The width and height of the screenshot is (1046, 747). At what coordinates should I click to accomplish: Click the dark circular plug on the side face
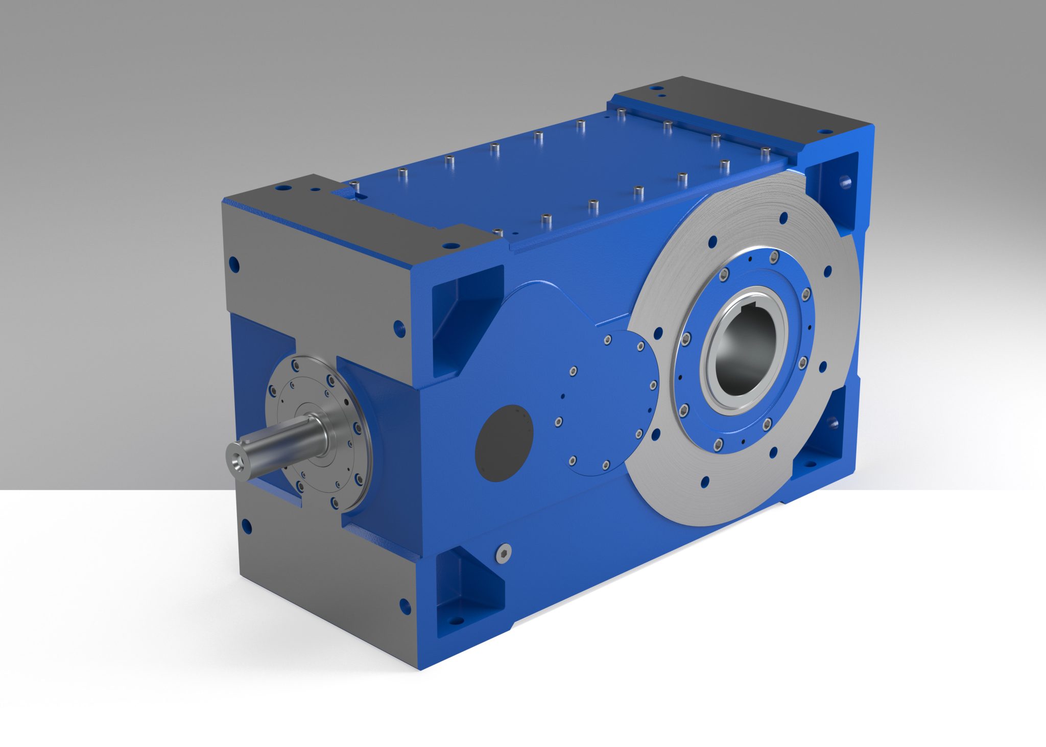click(x=504, y=443)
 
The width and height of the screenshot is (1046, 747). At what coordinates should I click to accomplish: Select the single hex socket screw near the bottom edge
click(x=503, y=553)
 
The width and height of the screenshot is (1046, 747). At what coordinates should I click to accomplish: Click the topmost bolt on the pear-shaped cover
click(x=608, y=340)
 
